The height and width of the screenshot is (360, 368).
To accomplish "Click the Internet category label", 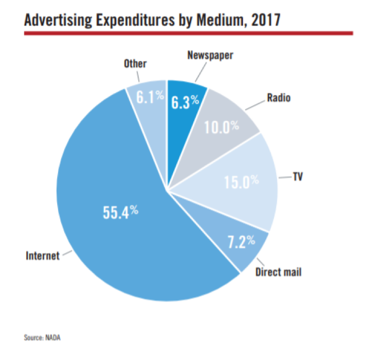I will coord(43,255).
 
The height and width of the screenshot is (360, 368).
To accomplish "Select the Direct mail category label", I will coord(278,271).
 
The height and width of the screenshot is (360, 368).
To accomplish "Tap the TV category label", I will coord(297,176).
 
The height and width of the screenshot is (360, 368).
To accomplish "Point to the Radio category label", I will coord(279,97).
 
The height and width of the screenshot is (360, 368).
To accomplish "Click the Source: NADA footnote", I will coord(45,338).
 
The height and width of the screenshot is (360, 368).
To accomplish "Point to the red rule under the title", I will coord(188,33).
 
